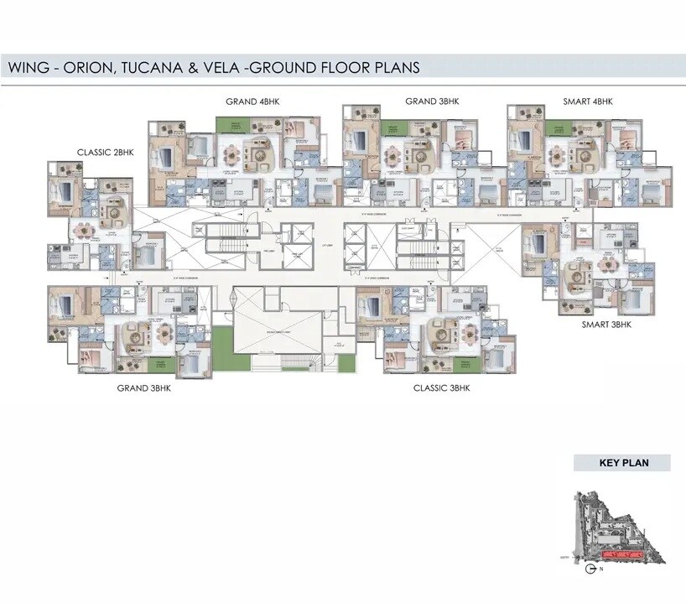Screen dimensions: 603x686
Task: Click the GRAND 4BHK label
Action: coord(252,101)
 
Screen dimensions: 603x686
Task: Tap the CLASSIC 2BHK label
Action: coord(106,152)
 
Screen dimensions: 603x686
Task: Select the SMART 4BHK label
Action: coord(588,101)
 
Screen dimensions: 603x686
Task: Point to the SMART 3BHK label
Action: coord(606,324)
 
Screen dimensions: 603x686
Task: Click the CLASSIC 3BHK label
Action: coord(442,388)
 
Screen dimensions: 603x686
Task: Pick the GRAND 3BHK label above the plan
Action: coord(432,101)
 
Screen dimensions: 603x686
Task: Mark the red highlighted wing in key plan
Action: coord(622,555)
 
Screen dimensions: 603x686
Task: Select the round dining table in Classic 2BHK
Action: coord(83,229)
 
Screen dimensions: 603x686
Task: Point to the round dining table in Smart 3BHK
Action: coord(606,267)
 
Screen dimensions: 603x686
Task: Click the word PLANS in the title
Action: coord(392,67)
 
